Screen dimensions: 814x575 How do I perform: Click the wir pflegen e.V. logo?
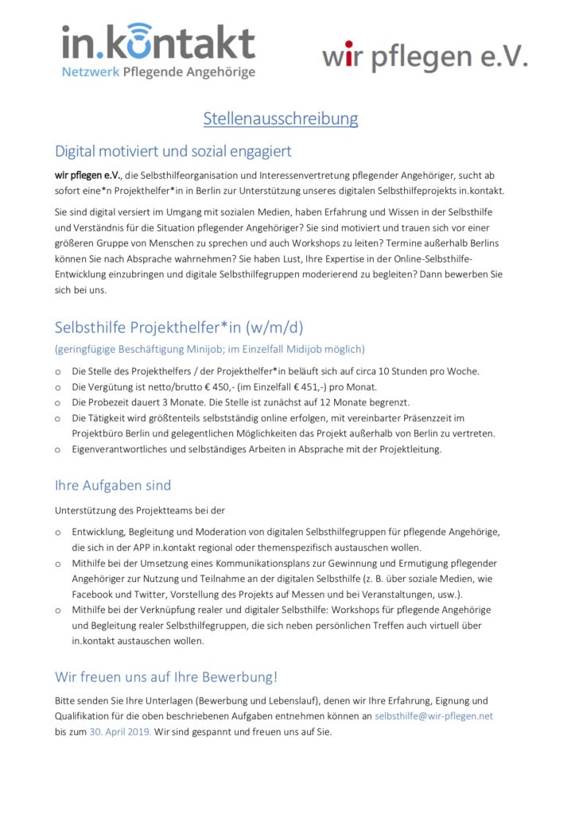click(424, 56)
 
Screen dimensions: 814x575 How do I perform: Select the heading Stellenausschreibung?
click(281, 119)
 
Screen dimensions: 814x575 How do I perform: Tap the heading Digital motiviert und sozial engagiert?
click(173, 151)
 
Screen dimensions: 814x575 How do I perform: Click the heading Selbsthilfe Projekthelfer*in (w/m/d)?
click(179, 328)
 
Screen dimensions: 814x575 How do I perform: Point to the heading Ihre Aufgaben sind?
click(113, 485)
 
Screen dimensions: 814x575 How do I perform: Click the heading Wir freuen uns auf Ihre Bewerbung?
click(166, 677)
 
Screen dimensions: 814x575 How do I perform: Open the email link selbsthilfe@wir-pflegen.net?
click(433, 716)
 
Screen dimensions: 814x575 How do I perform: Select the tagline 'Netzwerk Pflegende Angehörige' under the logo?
click(159, 73)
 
